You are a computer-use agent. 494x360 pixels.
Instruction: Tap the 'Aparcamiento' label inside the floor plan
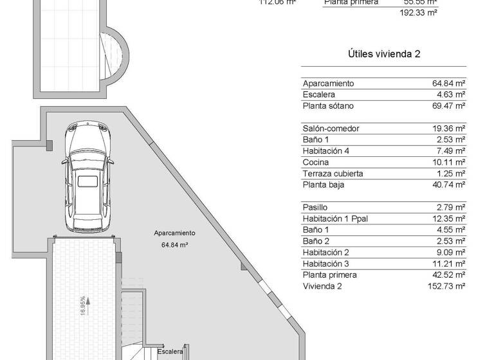pos(174,233)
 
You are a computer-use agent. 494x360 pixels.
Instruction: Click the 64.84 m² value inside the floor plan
pos(174,245)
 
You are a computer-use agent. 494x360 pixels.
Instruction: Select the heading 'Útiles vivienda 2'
pos(383,54)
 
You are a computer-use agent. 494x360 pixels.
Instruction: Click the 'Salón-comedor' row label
pos(331,129)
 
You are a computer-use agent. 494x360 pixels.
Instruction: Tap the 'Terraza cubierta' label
pos(333,174)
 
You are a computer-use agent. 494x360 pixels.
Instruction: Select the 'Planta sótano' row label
pos(328,106)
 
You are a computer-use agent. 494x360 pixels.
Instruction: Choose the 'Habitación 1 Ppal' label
pos(335,219)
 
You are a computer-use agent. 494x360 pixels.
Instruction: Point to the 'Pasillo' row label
pos(315,208)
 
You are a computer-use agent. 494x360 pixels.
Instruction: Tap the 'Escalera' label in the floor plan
pos(170,351)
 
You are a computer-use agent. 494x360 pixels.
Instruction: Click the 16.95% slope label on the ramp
pos(82,303)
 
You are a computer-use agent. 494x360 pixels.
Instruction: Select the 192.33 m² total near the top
pos(418,12)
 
